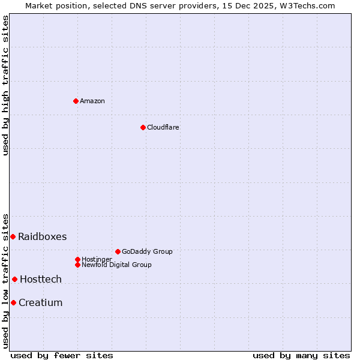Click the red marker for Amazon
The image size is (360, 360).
[76, 101]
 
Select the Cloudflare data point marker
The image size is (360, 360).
[143, 127]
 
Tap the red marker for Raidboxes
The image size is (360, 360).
[13, 236]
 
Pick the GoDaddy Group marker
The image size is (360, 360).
[118, 251]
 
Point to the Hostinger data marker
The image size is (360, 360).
[77, 259]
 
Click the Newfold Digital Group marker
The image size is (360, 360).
[77, 265]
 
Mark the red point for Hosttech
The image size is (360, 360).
[14, 279]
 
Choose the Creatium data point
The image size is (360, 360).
[13, 302]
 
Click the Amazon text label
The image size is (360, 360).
[92, 101]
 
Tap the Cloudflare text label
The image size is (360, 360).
[163, 127]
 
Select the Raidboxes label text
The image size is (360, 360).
[43, 236]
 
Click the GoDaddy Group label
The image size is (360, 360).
[147, 251]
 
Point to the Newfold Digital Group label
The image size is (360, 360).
[117, 265]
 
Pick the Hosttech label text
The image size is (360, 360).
[41, 279]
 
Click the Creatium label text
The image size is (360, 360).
[41, 302]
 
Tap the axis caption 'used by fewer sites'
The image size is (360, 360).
[62, 355]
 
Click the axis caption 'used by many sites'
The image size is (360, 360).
[301, 355]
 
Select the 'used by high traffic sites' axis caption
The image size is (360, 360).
[5, 85]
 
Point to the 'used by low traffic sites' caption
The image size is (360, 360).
[5, 281]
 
